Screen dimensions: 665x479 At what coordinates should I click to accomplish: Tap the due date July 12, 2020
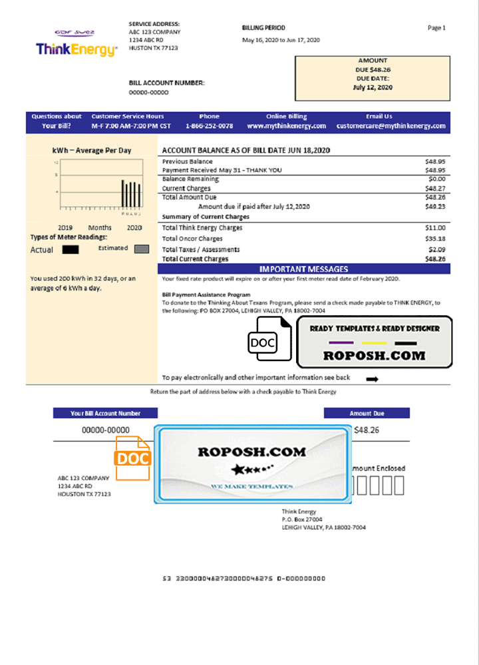click(373, 87)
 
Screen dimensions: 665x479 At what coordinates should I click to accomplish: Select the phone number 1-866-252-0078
click(209, 126)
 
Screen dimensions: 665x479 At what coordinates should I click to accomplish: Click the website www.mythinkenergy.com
click(286, 126)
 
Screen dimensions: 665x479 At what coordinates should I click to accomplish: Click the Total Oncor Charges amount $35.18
click(436, 239)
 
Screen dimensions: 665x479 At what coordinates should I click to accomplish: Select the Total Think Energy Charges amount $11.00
click(436, 228)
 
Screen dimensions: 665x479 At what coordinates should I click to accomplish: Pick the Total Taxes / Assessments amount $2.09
click(437, 249)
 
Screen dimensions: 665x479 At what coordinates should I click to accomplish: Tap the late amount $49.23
click(436, 206)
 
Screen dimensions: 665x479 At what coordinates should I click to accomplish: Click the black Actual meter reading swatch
click(70, 250)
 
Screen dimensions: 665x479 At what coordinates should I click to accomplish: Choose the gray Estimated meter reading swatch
click(141, 249)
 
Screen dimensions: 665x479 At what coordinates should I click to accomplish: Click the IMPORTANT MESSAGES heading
click(303, 269)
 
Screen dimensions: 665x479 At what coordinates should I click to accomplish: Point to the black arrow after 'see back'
click(373, 379)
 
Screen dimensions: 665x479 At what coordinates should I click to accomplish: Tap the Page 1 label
click(436, 28)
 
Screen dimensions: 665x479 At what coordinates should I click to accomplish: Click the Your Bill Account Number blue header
click(106, 414)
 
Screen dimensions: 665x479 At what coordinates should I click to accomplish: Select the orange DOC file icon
click(134, 457)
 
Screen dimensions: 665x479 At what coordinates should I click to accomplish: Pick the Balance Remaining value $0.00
click(437, 180)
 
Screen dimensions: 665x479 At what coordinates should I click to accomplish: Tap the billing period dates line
click(281, 40)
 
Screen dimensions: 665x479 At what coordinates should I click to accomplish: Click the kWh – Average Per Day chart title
click(92, 151)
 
